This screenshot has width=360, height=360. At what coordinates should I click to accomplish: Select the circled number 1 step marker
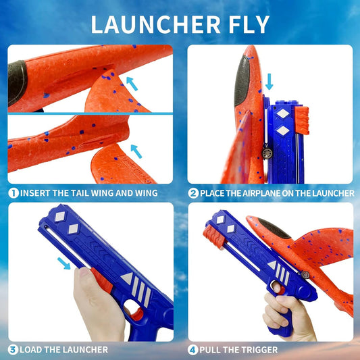point(13,193)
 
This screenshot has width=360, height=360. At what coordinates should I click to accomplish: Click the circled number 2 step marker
point(192,193)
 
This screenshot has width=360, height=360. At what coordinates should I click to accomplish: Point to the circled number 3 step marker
point(13,349)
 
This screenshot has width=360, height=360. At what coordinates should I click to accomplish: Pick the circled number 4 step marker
point(192,349)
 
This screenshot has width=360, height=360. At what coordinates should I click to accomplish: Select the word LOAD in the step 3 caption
point(32,349)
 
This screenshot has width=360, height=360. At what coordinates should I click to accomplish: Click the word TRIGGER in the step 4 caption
point(257,349)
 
